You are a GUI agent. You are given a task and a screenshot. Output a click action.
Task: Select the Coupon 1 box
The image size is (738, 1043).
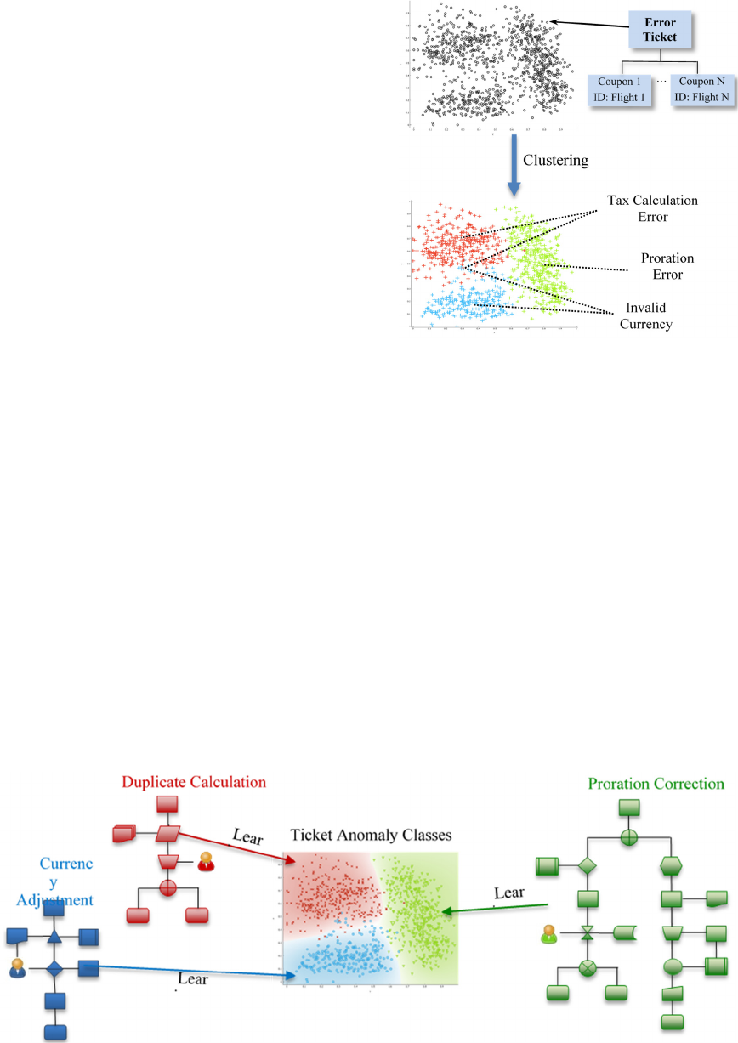(620, 89)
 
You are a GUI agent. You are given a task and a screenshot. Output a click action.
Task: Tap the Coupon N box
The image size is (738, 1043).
(701, 89)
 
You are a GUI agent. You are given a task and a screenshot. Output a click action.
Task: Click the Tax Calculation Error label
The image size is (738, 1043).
(652, 208)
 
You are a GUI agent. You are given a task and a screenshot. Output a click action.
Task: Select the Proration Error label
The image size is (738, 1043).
(667, 265)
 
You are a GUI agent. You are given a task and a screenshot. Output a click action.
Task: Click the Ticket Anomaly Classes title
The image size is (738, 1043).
(371, 836)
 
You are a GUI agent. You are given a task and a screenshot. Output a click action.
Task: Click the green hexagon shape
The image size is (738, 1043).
(672, 866)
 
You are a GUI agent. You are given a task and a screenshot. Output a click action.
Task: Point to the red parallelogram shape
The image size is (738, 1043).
(167, 832)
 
